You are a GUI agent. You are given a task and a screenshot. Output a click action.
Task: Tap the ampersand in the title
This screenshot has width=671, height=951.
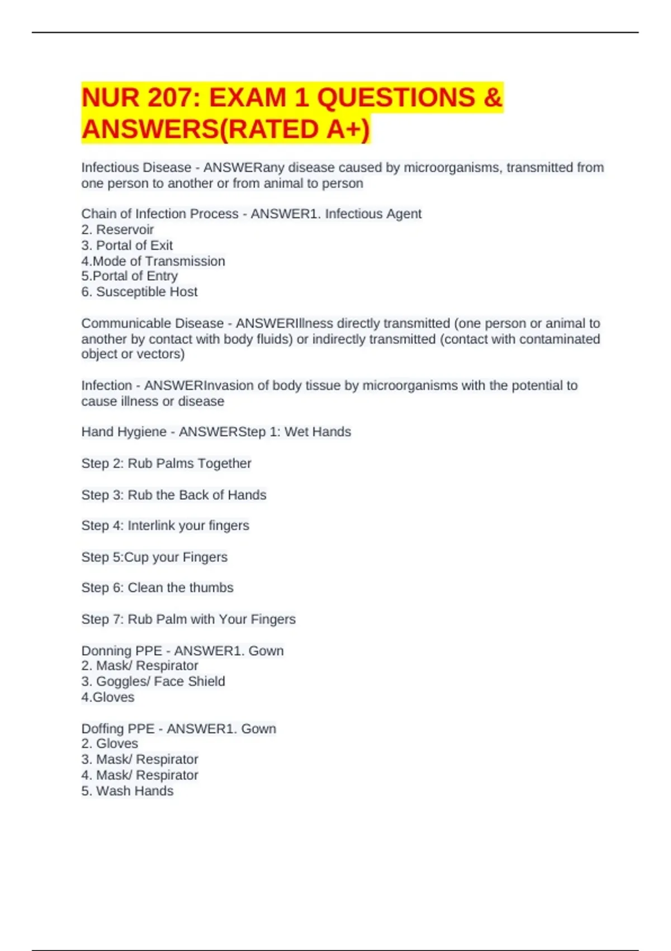click(493, 98)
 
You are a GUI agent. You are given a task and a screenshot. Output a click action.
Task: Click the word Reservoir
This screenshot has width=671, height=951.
click(125, 229)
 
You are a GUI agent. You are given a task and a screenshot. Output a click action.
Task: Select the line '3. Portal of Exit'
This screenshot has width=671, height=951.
click(127, 245)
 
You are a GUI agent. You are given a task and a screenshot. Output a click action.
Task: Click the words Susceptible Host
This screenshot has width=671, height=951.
click(147, 291)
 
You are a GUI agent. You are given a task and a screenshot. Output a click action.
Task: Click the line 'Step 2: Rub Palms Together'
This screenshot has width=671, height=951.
click(166, 463)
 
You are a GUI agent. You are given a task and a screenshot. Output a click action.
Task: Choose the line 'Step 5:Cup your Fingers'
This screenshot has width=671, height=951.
click(154, 557)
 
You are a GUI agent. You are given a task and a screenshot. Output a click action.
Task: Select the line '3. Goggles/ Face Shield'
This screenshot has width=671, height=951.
click(153, 681)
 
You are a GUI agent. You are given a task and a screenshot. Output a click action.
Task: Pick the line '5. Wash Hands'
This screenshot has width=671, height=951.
click(127, 791)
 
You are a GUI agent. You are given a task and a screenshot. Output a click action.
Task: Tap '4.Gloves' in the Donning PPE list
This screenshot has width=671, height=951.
click(108, 697)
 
